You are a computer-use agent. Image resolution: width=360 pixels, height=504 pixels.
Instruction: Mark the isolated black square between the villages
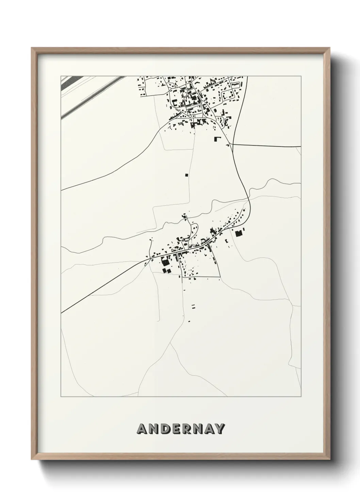[x=186, y=175]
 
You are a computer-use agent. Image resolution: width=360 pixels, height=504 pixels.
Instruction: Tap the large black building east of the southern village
[x=238, y=233]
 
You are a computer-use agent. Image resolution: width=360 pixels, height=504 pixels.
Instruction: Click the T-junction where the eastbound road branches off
[x=233, y=144]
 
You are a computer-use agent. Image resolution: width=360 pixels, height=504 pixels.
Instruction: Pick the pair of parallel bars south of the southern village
[x=194, y=306]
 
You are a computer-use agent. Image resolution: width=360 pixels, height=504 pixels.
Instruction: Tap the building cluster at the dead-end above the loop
[x=184, y=216]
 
